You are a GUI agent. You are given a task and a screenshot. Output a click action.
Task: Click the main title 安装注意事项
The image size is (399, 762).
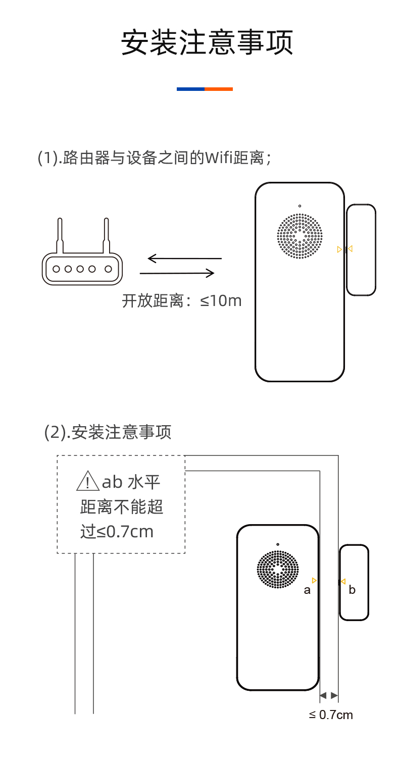pos(207,43)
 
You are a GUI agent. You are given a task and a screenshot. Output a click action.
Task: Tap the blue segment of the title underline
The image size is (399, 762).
pos(190,89)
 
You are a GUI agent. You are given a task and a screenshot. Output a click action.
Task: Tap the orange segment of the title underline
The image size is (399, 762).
pos(219,89)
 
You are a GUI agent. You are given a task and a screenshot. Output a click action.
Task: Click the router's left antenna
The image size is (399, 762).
pos(60,235)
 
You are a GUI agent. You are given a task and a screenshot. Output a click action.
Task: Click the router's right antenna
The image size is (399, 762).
pos(106,235)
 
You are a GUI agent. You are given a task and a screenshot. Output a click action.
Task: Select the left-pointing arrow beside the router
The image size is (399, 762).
pos(184,259)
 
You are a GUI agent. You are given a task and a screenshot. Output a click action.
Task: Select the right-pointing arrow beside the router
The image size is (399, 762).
pos(177,273)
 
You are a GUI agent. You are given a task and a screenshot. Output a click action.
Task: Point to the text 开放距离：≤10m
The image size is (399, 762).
pos(182,301)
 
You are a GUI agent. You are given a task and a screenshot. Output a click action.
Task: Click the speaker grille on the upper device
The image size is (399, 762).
pos(300,236)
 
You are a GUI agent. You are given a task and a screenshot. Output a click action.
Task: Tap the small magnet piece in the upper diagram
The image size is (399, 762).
pos(361,249)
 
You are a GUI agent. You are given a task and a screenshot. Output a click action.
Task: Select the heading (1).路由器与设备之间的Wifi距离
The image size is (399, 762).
pos(155,158)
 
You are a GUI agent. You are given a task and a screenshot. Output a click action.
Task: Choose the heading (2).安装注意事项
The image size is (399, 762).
pos(108,432)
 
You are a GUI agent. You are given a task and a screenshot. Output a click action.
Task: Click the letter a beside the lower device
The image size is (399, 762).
pos(307,590)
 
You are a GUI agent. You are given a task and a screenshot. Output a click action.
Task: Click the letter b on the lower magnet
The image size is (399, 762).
pos(352,590)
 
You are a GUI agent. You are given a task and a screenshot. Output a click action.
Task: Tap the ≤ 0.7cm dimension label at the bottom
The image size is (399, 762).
pos(331,715)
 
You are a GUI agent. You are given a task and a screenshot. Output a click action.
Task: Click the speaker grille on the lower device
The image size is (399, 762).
pos(278,569)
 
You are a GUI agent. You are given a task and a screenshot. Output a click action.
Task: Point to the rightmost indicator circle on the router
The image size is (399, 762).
pos(108,269)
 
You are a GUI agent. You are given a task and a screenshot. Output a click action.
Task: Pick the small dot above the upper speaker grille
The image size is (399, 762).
pos(300,206)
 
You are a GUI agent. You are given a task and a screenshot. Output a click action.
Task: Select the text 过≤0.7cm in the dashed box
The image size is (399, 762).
pos(117,532)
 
